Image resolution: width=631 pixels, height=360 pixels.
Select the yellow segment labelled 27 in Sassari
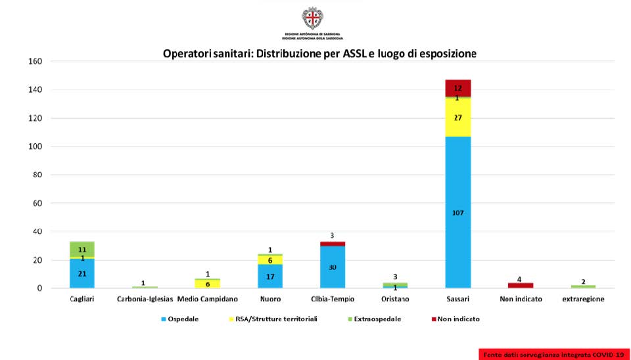point(458,118)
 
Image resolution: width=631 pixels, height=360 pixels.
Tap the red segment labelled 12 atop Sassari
point(458,88)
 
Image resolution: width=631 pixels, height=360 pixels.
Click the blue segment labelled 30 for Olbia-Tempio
point(333,267)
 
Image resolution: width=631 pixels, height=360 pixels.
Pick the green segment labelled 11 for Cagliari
point(82,250)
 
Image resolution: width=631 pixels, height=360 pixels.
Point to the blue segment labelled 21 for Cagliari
point(82,273)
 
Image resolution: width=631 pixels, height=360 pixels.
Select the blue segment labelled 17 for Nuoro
point(270,276)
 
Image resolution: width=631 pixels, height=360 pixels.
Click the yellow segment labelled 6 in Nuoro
point(270,259)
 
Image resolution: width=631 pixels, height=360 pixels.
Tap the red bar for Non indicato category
point(520,285)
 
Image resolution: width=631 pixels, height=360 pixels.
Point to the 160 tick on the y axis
point(35,62)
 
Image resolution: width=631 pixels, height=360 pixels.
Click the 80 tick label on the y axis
point(38,175)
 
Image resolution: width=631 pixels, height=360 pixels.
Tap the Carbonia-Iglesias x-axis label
point(145,299)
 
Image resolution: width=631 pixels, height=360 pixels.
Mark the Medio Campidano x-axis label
point(207,299)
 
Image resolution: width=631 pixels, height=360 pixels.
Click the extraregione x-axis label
point(583,299)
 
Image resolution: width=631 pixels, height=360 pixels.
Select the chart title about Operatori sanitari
point(319,53)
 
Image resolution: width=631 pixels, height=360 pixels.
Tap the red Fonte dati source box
point(553,355)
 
